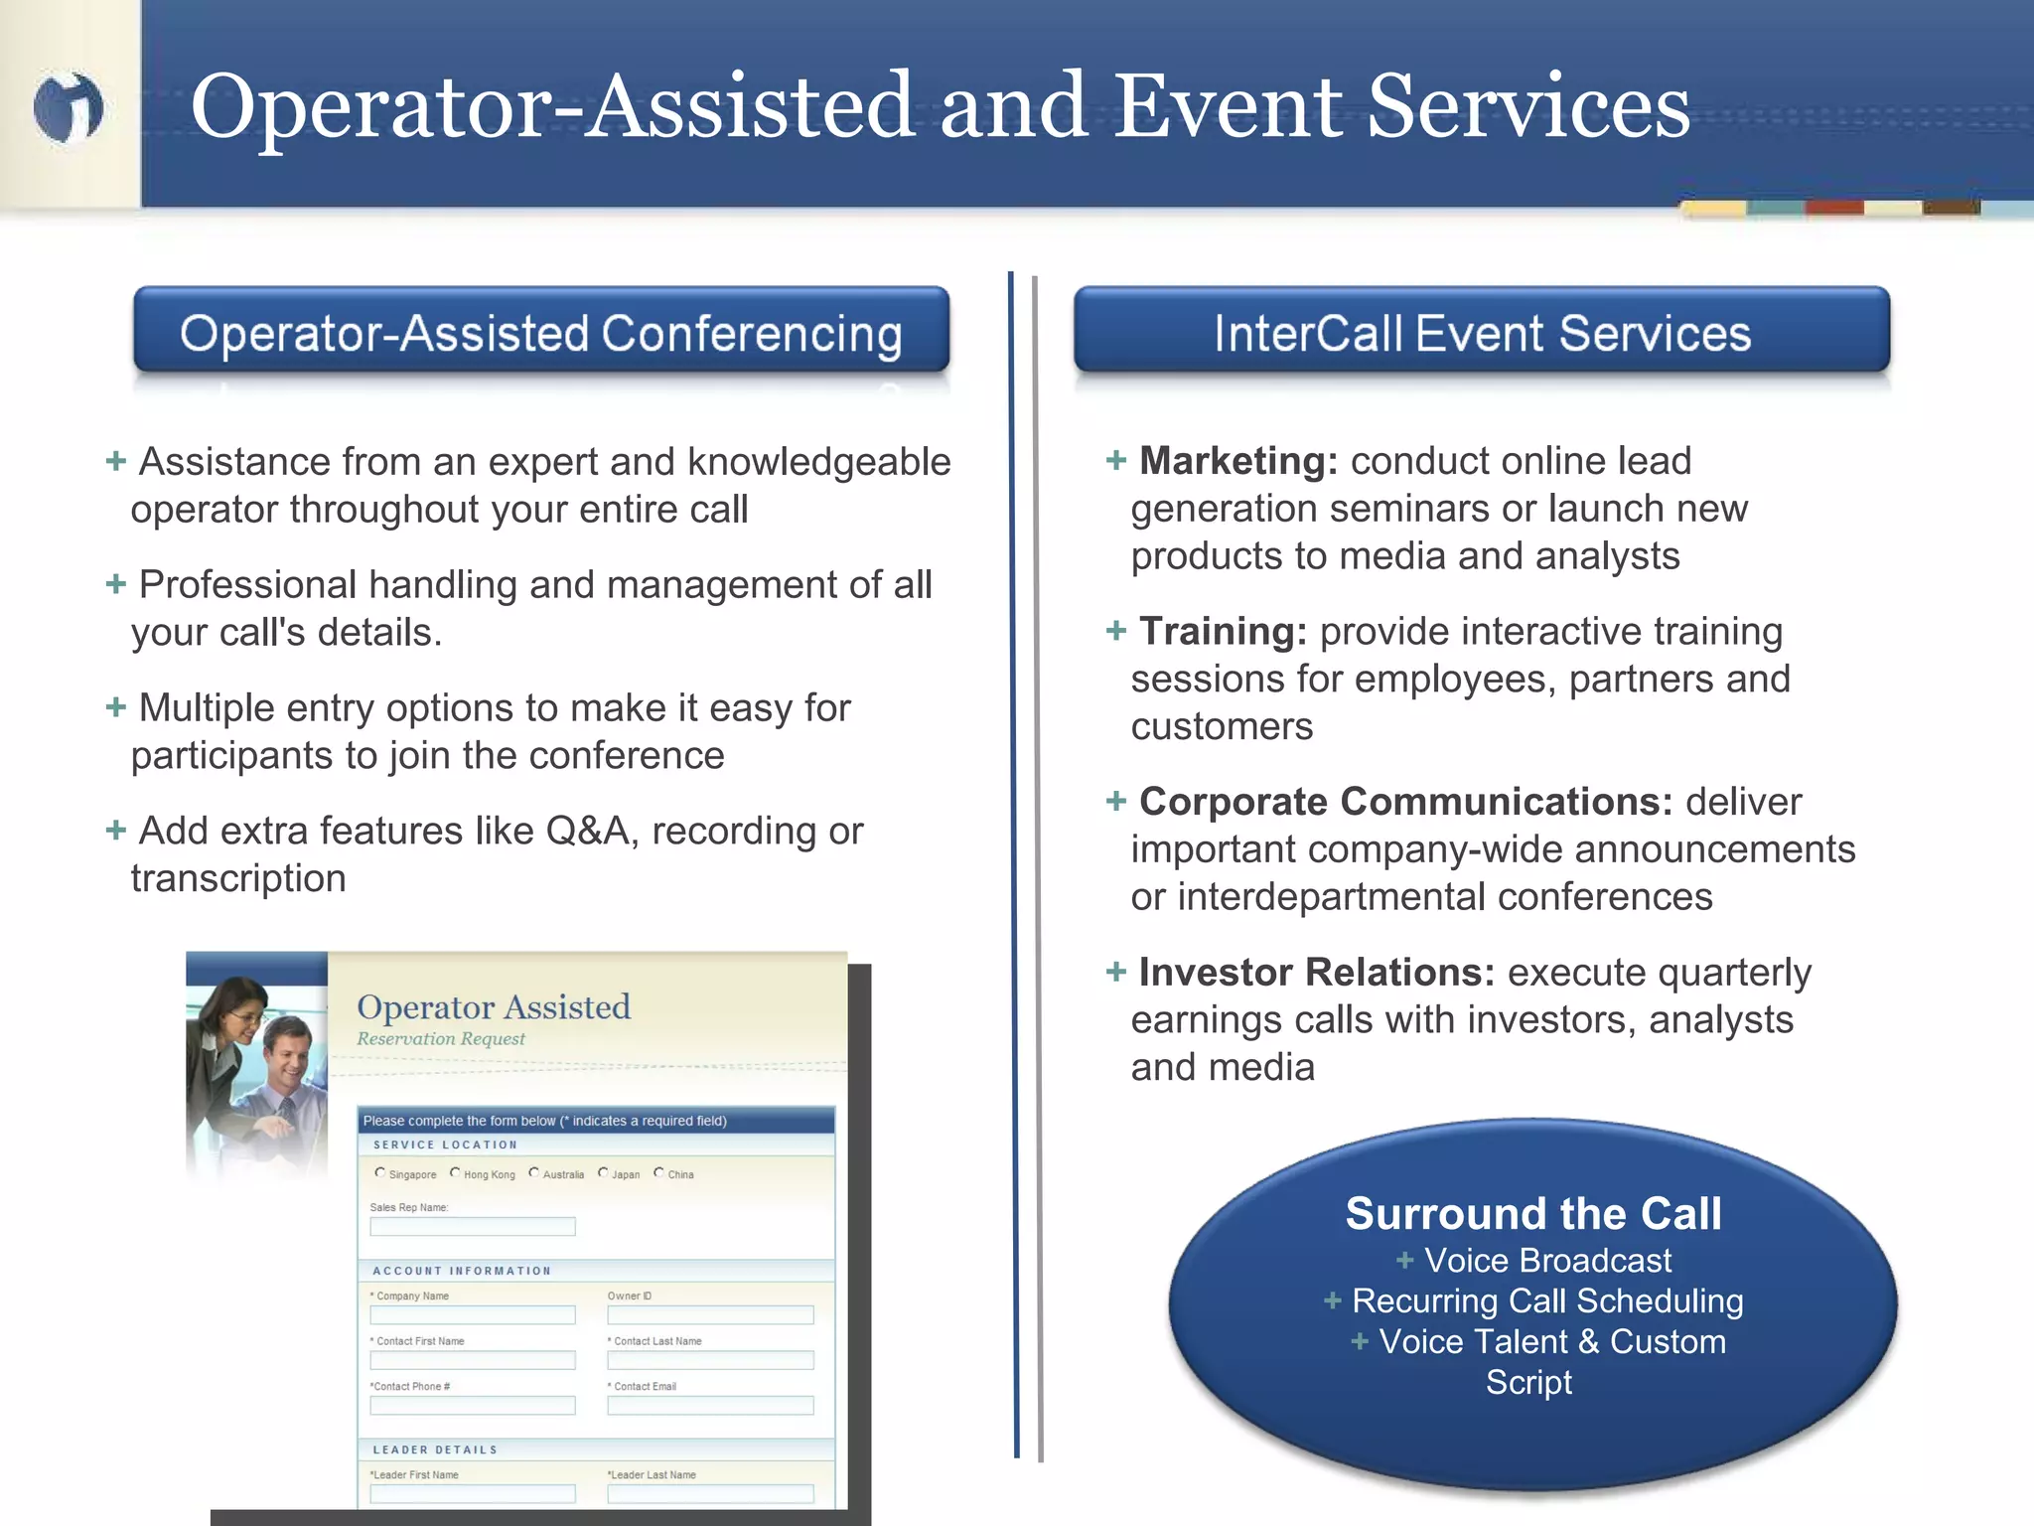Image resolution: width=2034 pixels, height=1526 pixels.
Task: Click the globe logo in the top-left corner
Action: (68, 106)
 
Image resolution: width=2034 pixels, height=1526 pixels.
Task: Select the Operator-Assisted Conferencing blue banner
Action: (541, 332)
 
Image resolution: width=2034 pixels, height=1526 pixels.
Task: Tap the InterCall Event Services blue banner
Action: (1481, 332)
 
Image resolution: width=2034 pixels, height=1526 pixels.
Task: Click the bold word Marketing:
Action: (1237, 461)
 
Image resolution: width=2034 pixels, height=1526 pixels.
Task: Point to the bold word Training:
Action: (1222, 632)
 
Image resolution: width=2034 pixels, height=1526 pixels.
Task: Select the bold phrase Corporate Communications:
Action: (1404, 802)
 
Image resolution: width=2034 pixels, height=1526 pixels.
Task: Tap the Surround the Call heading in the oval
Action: (1532, 1214)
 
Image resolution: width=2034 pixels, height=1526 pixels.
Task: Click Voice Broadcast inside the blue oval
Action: (1546, 1261)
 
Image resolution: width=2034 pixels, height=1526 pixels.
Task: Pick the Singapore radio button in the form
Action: (379, 1173)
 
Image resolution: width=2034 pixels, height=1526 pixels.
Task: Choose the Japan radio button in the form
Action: (603, 1173)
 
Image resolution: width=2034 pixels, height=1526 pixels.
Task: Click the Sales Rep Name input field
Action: (472, 1227)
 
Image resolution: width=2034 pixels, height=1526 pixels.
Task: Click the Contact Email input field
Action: (710, 1406)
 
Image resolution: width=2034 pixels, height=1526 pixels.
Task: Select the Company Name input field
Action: (472, 1315)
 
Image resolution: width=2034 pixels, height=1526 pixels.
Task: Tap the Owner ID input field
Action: (710, 1315)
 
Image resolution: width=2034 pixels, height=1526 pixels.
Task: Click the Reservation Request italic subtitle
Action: (441, 1039)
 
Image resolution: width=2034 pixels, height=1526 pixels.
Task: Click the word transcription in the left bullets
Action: (238, 879)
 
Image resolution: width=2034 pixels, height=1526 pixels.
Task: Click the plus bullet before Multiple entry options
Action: (116, 707)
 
